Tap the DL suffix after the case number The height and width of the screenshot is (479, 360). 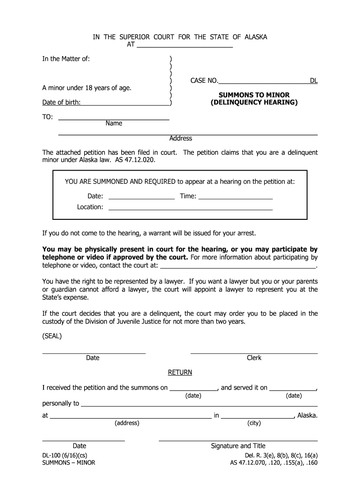(x=314, y=81)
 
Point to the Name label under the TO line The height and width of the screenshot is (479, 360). (x=114, y=123)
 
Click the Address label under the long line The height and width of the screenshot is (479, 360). (x=180, y=138)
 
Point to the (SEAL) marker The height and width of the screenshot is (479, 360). (x=52, y=336)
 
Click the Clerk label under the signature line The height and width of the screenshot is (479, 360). (x=254, y=358)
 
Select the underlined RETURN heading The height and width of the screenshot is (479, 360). (x=180, y=372)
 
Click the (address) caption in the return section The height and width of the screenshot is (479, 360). (x=127, y=423)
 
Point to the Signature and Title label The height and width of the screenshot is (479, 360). (x=238, y=446)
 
